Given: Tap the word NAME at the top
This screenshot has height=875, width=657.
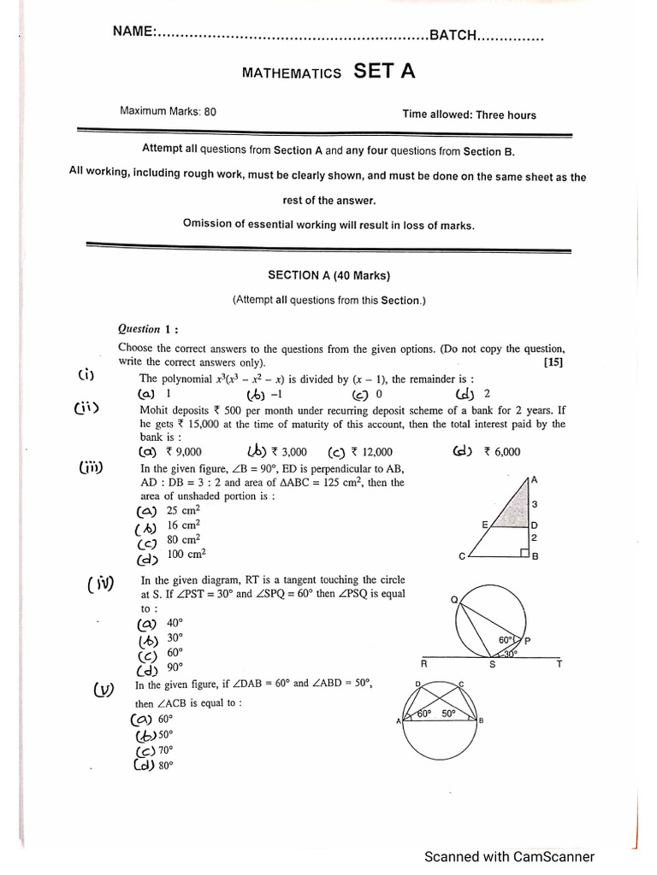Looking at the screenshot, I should (133, 32).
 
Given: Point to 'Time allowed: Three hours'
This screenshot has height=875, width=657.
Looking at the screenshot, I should (470, 115).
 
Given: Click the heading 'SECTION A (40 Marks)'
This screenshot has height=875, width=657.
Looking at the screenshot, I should (328, 276).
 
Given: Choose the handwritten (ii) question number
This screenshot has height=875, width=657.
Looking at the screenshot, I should (86, 408).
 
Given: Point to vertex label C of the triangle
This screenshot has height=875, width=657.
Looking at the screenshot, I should (463, 557).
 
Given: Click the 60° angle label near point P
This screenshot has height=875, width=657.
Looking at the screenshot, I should (505, 640).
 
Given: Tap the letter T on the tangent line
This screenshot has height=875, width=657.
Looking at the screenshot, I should (559, 664).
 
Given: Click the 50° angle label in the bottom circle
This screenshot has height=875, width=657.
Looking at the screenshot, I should (447, 714).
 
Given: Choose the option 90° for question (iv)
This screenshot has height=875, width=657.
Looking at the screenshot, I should (175, 667).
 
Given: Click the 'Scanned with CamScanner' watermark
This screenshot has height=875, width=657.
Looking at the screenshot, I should (510, 856).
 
